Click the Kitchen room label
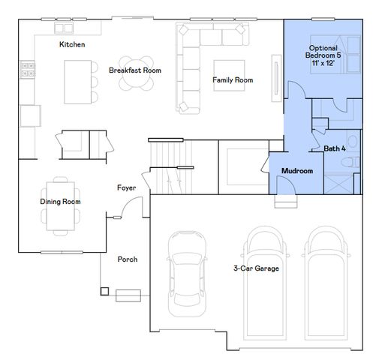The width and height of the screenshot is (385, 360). click(x=72, y=45)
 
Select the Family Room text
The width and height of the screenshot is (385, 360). click(x=232, y=79)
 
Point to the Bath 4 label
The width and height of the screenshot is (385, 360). click(x=335, y=148)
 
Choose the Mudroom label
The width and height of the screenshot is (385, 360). click(x=296, y=171)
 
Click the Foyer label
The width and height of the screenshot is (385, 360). click(x=126, y=187)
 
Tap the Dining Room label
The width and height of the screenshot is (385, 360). click(x=60, y=201)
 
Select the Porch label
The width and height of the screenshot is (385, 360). click(x=127, y=259)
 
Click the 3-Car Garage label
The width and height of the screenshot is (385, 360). click(x=256, y=268)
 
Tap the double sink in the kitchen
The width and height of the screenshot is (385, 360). click(x=63, y=28)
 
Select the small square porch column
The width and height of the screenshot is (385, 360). click(x=104, y=291)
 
